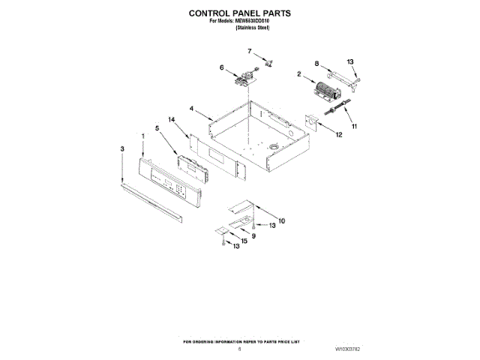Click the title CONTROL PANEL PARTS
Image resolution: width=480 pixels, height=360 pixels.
click(240, 13)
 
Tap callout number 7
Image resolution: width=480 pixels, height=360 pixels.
click(250, 51)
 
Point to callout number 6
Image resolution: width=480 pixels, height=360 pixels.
click(221, 67)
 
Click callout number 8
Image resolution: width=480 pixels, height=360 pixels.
click(317, 64)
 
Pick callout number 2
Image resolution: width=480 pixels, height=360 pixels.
click(299, 74)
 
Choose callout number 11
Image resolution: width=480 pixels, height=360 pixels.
click(355, 127)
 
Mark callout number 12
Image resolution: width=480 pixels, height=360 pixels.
click(339, 135)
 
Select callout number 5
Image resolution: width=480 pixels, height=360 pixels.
click(157, 128)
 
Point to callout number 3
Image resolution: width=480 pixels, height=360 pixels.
click(122, 149)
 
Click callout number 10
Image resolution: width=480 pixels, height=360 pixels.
click(281, 220)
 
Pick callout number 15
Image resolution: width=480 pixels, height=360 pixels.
click(244, 240)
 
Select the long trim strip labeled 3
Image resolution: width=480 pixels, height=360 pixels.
click(151, 200)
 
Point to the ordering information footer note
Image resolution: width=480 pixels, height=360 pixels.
click(239, 341)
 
